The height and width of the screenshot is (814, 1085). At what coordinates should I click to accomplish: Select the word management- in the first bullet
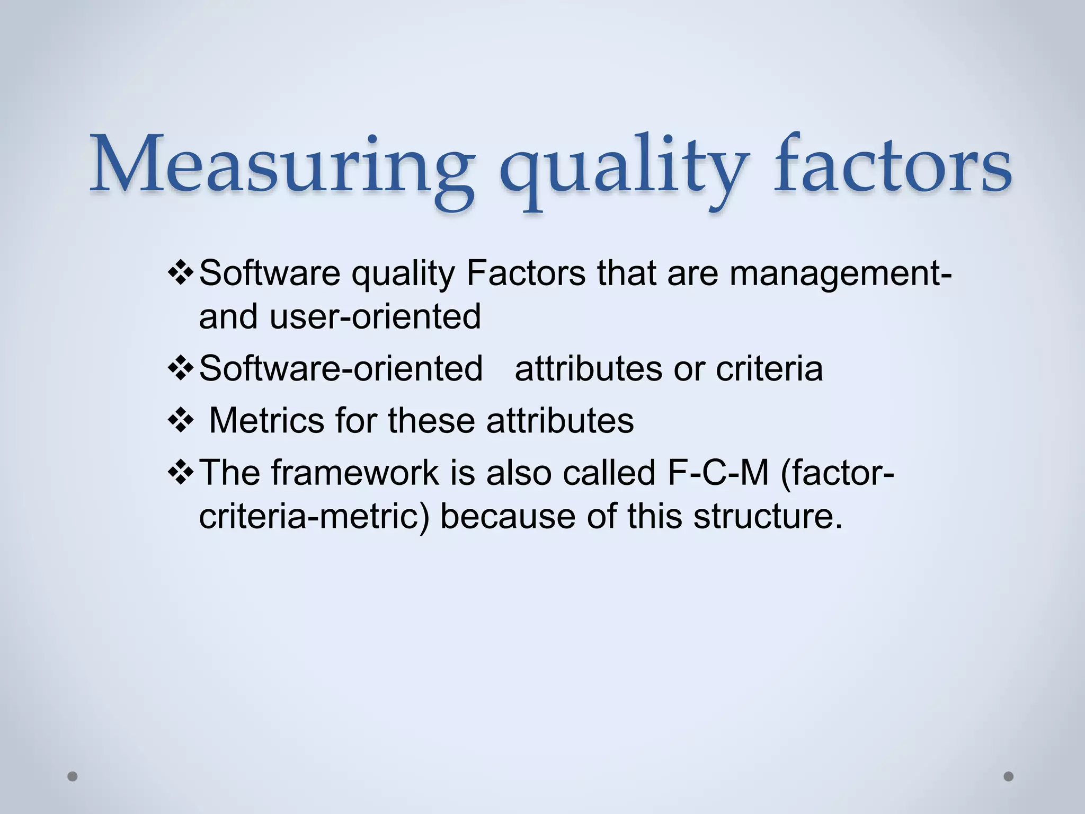[840, 275]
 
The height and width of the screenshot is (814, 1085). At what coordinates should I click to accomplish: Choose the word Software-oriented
[341, 368]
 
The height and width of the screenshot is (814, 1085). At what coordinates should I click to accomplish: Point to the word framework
[355, 473]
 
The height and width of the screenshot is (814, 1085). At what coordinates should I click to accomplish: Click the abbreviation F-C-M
[718, 473]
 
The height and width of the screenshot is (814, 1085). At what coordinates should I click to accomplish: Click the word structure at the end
[768, 516]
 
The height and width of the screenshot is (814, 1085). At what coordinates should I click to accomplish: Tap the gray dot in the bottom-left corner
[73, 776]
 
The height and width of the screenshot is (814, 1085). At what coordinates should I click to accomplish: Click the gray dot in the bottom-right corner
[1009, 776]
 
